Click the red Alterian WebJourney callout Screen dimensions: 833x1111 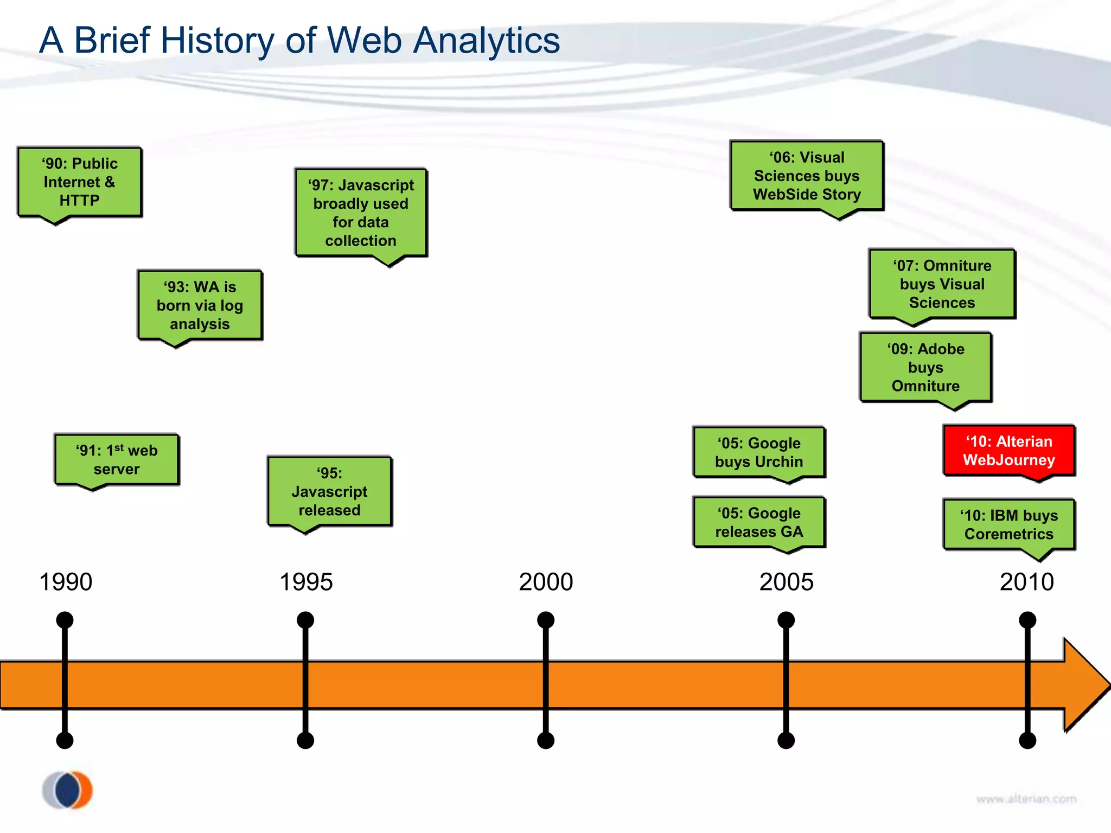[x=1009, y=451]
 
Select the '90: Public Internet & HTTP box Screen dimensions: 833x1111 [x=80, y=182]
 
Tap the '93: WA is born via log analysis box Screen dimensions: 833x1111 [x=200, y=305]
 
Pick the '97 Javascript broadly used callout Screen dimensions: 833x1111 [x=361, y=213]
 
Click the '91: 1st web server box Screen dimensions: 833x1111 [x=117, y=459]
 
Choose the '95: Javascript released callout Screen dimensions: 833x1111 [x=330, y=491]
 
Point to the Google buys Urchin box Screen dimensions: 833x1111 [x=759, y=452]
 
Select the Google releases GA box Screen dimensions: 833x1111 [x=759, y=522]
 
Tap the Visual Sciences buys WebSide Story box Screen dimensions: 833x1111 [x=807, y=176]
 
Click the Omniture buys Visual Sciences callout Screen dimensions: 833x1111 [x=942, y=284]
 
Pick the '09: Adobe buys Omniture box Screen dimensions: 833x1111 [x=925, y=367]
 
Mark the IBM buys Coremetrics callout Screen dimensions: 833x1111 [x=1009, y=524]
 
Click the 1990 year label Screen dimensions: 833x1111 [x=66, y=582]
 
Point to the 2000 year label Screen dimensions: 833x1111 [x=546, y=582]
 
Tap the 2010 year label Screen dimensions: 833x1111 [x=1026, y=582]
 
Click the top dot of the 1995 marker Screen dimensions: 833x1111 [x=305, y=620]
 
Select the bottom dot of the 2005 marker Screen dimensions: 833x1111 [x=786, y=740]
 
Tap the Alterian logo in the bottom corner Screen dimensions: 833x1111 [x=68, y=790]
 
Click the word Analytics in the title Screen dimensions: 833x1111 [x=486, y=41]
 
